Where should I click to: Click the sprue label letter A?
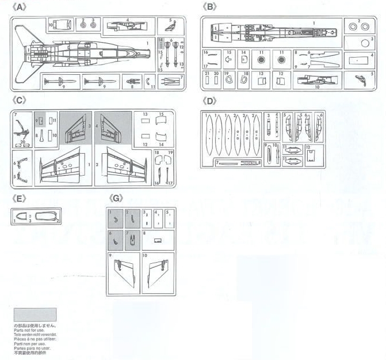pos(21,7)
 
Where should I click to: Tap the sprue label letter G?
pos(117,198)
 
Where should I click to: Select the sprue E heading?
pos(20,198)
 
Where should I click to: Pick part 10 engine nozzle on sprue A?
pos(63,25)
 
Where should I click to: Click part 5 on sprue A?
pos(171,25)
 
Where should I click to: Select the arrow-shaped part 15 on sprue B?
pos(228,59)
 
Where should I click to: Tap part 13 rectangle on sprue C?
pos(145,122)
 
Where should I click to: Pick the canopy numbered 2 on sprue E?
pos(44,217)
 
